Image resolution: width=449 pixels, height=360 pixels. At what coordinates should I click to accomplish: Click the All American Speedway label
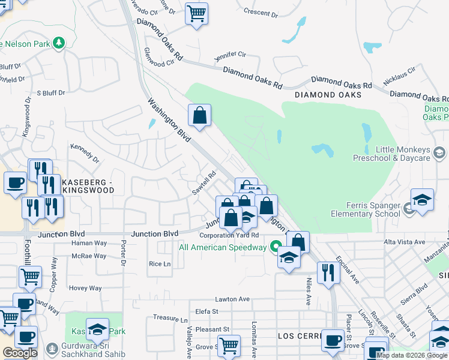pos(223,247)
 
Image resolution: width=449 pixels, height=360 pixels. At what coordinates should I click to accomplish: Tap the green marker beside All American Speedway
pos(276,246)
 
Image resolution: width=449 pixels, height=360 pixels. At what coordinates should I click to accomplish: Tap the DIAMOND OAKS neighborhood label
pos(328,95)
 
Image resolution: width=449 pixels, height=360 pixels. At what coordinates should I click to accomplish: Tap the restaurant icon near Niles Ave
pos(328,271)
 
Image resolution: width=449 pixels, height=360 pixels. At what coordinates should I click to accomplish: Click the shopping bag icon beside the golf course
pos(199,113)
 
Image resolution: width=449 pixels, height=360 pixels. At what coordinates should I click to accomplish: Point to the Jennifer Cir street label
pos(231,55)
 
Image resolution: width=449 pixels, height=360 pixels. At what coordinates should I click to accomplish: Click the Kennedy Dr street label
pos(85,153)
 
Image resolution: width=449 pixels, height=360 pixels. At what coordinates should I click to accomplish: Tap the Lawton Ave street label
pos(232,299)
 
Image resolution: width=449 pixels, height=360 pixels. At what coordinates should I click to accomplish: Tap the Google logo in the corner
pos(20,353)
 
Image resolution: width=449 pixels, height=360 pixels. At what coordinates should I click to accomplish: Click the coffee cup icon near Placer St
pos(332,339)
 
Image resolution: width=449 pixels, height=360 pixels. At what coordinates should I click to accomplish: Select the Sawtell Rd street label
pos(203,183)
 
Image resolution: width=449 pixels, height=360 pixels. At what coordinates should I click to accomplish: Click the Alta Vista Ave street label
pos(405,242)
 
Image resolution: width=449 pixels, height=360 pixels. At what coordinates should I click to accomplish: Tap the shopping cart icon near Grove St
pos(229,344)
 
